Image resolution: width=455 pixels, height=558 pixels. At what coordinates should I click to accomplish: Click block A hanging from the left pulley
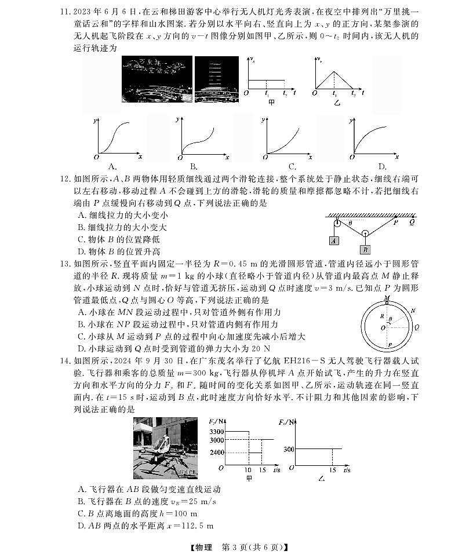point(334,240)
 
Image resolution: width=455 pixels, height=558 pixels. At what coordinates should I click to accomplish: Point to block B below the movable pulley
point(365,249)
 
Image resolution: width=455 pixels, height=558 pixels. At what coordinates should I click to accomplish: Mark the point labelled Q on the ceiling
point(412,221)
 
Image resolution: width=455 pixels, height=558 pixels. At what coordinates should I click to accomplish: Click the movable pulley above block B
point(365,234)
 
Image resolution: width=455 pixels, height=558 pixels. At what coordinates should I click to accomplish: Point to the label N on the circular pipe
point(412,311)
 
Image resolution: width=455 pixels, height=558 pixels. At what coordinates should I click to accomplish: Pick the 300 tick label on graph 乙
point(289,449)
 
